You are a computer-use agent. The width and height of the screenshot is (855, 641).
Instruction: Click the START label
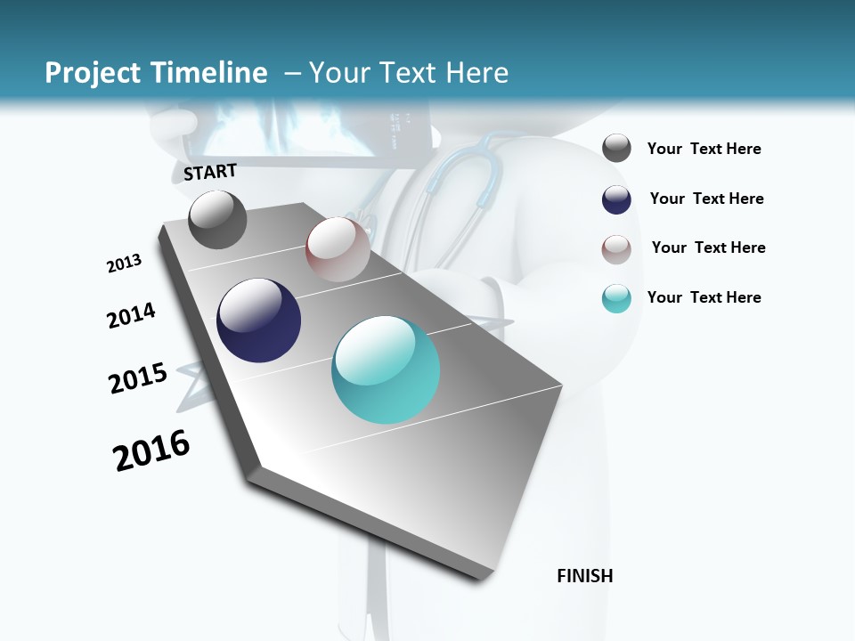point(210,172)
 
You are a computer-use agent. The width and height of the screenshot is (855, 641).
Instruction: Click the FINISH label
point(584,576)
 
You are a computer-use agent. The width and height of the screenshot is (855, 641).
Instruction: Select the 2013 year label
point(124,264)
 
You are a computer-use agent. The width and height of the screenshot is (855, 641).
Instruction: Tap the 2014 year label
point(131,316)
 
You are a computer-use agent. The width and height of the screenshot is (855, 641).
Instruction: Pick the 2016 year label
point(151,450)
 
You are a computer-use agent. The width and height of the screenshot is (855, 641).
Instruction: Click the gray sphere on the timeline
point(217,219)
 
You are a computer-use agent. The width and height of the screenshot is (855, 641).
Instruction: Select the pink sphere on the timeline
point(338,249)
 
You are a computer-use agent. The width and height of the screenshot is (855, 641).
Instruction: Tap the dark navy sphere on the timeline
point(259,320)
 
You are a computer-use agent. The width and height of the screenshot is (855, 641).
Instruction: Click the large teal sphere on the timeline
point(386,370)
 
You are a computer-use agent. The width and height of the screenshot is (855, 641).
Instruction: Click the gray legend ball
point(616,149)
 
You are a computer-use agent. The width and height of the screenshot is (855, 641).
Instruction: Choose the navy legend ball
point(616,199)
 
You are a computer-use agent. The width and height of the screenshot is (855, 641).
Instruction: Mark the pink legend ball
point(616,249)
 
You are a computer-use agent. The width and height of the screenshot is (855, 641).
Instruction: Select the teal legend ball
point(616,298)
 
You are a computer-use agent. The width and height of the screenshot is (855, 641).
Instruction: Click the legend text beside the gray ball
point(704,150)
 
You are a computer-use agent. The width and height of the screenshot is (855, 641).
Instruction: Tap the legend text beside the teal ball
point(704,297)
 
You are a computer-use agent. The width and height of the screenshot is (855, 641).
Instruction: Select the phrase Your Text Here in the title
point(409,73)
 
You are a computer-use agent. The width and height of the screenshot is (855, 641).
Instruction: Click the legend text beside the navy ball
point(706,199)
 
